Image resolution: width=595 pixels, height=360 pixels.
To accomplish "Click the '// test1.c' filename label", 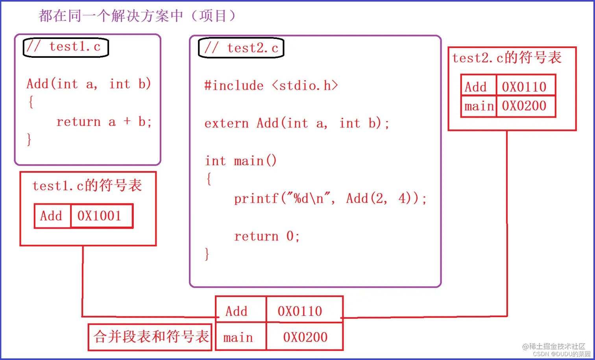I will [66, 47].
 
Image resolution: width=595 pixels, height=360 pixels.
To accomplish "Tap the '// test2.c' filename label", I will [241, 48].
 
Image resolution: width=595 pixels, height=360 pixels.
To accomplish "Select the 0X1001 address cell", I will [101, 216].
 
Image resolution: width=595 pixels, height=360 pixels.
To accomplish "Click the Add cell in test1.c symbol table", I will [52, 216].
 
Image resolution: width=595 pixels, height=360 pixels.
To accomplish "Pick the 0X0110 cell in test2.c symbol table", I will [525, 87].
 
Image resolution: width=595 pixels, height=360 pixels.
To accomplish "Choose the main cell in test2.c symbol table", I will [479, 106].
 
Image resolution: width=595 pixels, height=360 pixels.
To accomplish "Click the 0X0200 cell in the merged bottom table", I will [305, 337].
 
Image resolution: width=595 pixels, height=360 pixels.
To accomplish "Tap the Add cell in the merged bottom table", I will [237, 311].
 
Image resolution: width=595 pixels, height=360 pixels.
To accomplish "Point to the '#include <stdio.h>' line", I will [271, 85].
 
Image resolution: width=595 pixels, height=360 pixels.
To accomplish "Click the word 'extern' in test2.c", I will [227, 124].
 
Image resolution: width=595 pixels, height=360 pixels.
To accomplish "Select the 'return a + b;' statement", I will [104, 122].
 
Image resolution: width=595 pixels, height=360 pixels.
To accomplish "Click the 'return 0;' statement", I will [267, 236].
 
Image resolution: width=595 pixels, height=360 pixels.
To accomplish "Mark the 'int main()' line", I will [241, 161].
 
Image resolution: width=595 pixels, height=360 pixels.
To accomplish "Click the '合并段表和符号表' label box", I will [150, 337].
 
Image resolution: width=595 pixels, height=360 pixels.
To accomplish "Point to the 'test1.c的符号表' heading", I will [87, 185].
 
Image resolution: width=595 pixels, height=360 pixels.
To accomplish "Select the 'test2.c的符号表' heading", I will [507, 58].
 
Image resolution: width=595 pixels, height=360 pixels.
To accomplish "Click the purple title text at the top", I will [138, 16].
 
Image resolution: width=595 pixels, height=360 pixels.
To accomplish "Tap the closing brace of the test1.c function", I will [29, 140].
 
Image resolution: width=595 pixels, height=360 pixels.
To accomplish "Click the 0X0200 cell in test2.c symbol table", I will [525, 106].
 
